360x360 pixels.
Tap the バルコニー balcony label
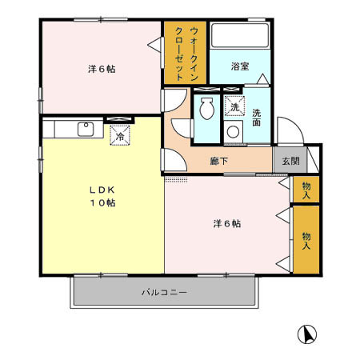coord(164,293)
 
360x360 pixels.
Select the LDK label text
coord(102,190)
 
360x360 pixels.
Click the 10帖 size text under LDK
coord(102,203)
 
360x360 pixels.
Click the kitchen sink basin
coord(84,128)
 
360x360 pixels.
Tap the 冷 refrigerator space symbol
coord(119,136)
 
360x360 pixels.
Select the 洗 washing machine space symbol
coord(234,106)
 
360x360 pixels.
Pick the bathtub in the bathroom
coord(239,37)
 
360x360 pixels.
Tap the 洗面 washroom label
coord(257,118)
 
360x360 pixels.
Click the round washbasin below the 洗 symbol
coord(234,132)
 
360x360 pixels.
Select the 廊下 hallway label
coord(218,161)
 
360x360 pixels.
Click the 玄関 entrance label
coord(290,160)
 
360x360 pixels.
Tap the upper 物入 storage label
coord(306,190)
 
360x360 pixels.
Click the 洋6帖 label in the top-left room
coord(102,69)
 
